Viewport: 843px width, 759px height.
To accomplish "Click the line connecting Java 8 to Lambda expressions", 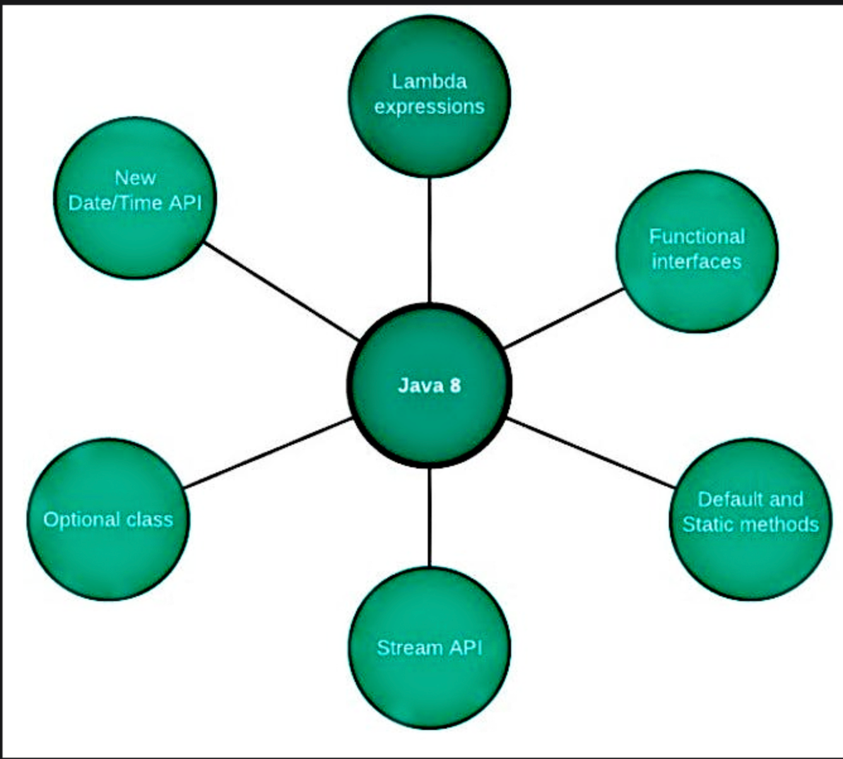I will coord(430,240).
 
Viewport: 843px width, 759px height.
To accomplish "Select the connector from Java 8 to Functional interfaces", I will coord(563,318).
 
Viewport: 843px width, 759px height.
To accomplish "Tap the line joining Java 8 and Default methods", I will coord(591,453).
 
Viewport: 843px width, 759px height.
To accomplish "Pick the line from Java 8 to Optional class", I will coord(268,453).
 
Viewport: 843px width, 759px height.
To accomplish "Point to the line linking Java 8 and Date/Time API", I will coord(281,291).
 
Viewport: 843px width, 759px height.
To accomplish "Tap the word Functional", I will coord(697,237).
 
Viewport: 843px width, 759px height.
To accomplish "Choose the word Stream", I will coord(401,648).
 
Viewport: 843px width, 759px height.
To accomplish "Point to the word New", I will coord(135,178).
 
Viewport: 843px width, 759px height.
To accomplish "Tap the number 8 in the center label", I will coord(455,385).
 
